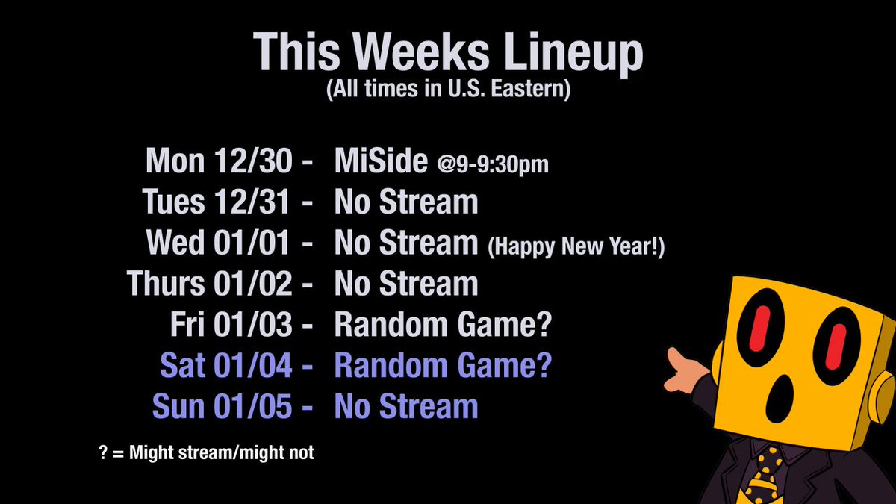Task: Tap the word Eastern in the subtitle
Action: tap(530, 89)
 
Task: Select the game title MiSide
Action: tap(381, 161)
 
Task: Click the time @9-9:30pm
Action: tap(493, 165)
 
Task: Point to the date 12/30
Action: tap(253, 161)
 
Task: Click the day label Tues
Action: tap(173, 202)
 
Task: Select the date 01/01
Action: tap(252, 243)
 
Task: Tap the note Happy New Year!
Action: tap(576, 246)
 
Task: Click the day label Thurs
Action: tap(166, 283)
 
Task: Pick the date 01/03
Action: tap(253, 324)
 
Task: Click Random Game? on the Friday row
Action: tap(443, 325)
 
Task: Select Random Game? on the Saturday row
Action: tap(443, 366)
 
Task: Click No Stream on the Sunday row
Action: tap(406, 406)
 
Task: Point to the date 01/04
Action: tap(253, 365)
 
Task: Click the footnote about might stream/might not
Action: tap(206, 452)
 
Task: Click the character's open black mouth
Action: tap(780, 398)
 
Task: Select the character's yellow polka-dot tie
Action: tap(762, 476)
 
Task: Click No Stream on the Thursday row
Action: tap(406, 283)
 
